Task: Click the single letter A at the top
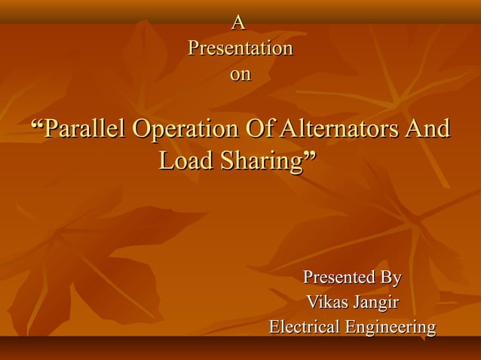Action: click(x=240, y=23)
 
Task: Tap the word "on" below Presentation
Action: click(x=240, y=75)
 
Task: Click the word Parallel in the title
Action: click(x=85, y=129)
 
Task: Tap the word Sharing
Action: click(x=257, y=161)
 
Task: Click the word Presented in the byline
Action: click(x=339, y=277)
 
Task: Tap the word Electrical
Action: click(x=305, y=328)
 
